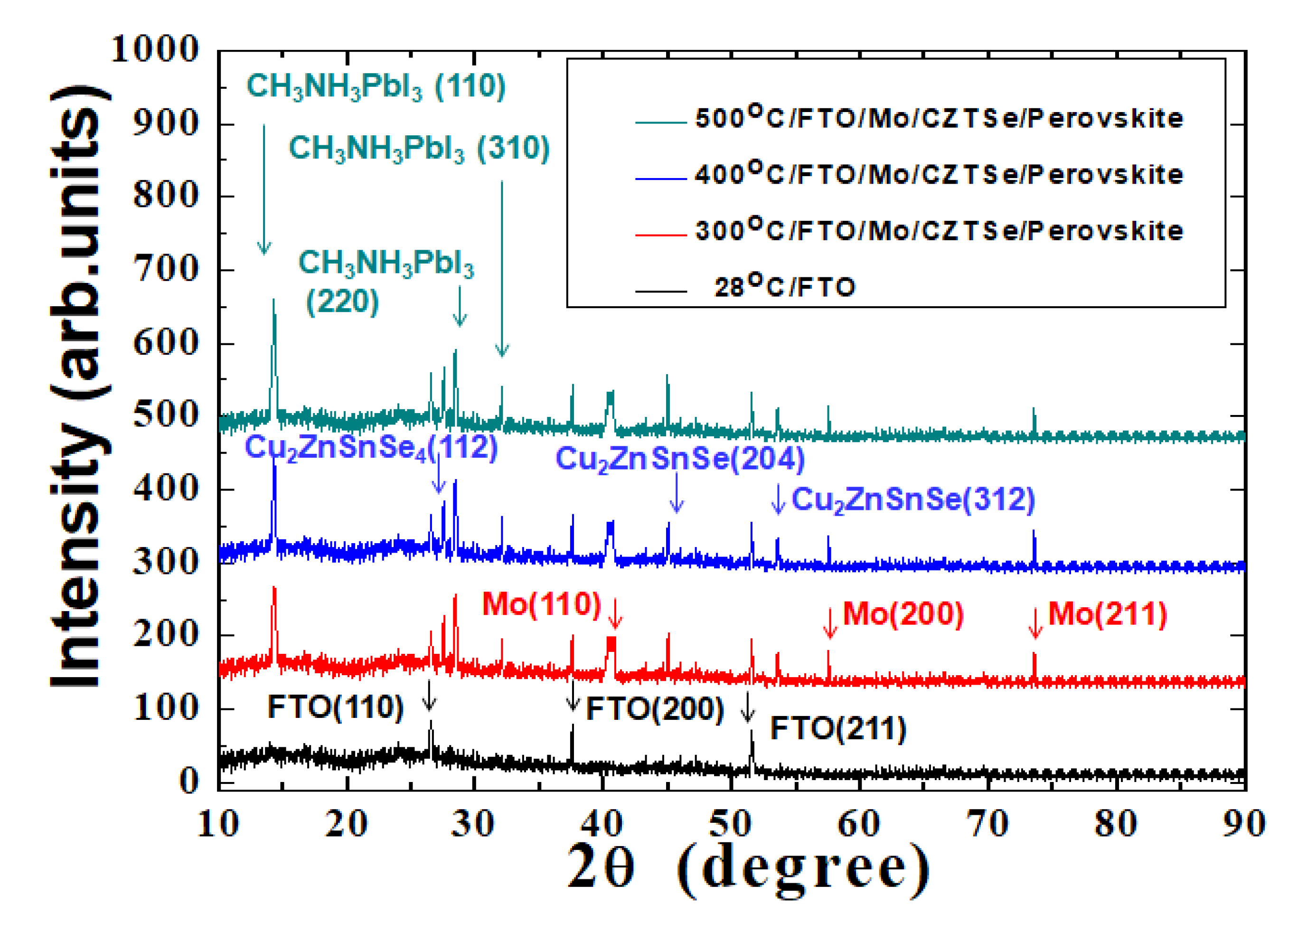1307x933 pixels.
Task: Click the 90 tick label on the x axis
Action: click(1244, 823)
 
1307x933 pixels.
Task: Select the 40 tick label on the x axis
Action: click(602, 823)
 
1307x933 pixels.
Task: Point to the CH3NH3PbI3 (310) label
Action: click(419, 149)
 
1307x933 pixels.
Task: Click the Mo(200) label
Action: click(903, 614)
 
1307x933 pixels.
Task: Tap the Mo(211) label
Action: click(1108, 614)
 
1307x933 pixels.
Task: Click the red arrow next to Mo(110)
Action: click(615, 613)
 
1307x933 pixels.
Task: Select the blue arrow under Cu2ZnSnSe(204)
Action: click(677, 493)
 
